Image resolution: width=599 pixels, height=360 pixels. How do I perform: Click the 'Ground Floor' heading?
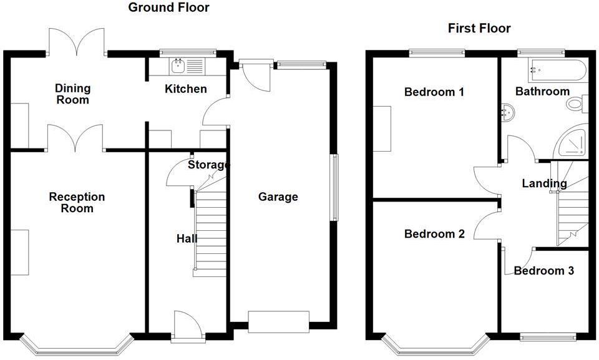pyautogui.click(x=168, y=8)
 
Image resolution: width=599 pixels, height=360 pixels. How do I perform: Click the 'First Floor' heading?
pyautogui.click(x=479, y=29)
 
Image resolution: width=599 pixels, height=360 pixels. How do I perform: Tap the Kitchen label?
pyautogui.click(x=185, y=89)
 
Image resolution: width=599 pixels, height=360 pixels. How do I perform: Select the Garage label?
pyautogui.click(x=278, y=197)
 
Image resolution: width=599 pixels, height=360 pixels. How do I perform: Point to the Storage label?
pyautogui.click(x=209, y=165)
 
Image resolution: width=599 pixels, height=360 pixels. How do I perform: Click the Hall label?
pyautogui.click(x=187, y=239)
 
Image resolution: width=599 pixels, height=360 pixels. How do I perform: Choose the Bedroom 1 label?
pyautogui.click(x=434, y=92)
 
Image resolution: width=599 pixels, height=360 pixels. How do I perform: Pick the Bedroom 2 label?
pyautogui.click(x=434, y=235)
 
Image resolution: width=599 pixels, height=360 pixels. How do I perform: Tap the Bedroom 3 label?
pyautogui.click(x=544, y=271)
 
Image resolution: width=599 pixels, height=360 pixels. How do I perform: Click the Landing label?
pyautogui.click(x=544, y=183)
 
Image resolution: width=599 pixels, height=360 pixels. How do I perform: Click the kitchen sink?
pyautogui.click(x=177, y=64)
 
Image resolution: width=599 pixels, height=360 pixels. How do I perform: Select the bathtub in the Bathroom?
pyautogui.click(x=557, y=69)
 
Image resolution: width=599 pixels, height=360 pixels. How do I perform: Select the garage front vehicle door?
pyautogui.click(x=278, y=321)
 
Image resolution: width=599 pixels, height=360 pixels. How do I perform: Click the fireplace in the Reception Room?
pyautogui.click(x=19, y=252)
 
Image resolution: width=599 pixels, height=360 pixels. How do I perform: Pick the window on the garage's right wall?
pyautogui.click(x=334, y=187)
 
